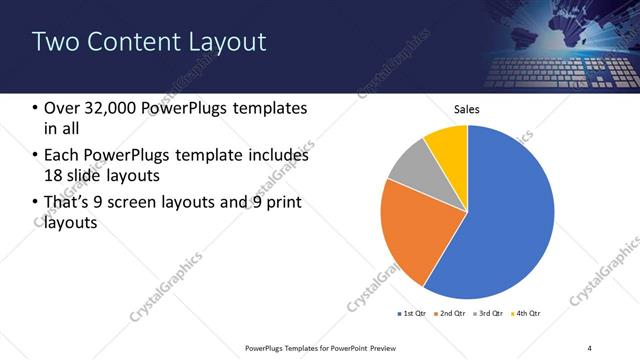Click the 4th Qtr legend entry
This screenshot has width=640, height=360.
[527, 315]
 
